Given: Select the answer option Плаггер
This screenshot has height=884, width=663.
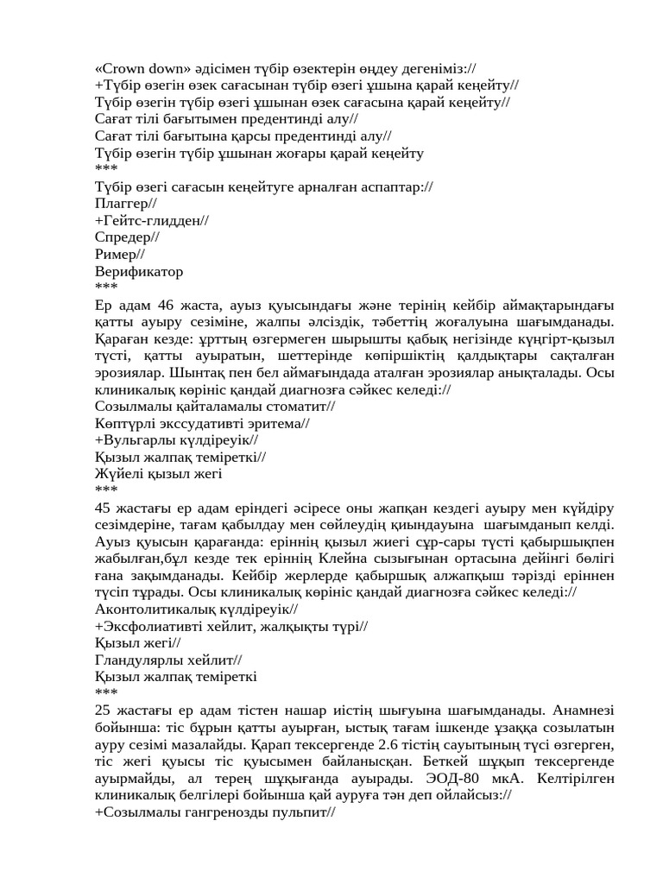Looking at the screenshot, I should point(126,203).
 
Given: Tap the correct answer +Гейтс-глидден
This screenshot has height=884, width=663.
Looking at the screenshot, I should point(152,220).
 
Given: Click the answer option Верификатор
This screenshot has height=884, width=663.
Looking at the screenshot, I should point(138,272).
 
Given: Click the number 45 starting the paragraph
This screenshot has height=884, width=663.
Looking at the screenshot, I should point(104,508).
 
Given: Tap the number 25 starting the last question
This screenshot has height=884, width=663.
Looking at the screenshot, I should point(104,710).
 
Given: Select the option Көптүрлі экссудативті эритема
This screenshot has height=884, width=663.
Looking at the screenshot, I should point(202,423).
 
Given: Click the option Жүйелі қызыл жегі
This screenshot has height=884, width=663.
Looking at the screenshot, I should point(159,474).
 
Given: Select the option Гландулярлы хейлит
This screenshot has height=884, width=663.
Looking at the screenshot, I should point(169,660).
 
